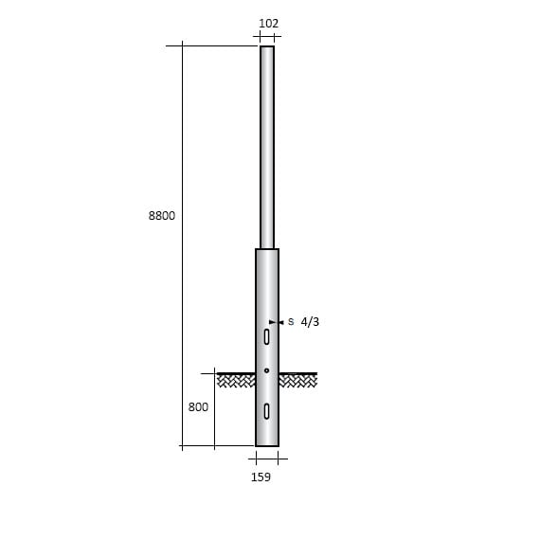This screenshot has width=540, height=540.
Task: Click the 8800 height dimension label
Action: point(162,216)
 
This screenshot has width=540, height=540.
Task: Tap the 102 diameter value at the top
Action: point(268,24)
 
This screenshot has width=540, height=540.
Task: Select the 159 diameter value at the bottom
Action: point(261,477)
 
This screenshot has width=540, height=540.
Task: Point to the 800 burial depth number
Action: point(198,407)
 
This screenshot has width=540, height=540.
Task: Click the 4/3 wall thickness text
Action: point(310,322)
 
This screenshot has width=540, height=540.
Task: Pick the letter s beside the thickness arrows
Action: point(291,322)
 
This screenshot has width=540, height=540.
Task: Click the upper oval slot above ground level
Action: point(267,336)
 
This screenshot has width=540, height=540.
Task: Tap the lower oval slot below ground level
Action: point(267,410)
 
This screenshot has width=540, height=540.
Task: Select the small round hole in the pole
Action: point(267,369)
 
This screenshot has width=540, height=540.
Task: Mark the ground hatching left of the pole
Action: point(237,380)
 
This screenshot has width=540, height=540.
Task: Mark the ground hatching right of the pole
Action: point(297,380)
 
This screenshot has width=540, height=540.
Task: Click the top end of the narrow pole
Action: point(267,47)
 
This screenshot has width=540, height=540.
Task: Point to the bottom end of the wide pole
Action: point(267,444)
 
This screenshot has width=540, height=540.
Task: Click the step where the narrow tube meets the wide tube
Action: point(267,248)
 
